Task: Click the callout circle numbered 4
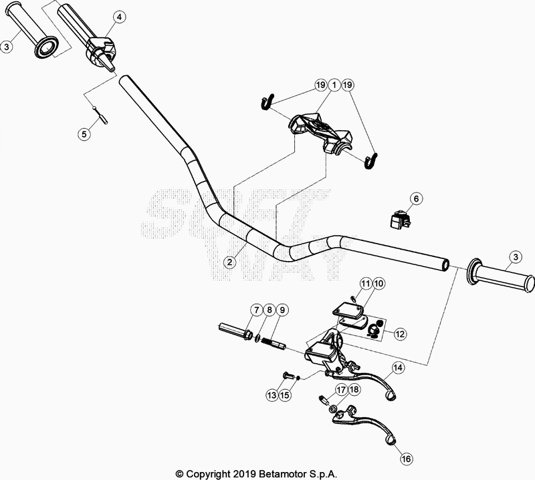click(118, 17)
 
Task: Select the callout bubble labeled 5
click(84, 134)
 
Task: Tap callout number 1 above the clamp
click(333, 85)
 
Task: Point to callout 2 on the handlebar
click(229, 262)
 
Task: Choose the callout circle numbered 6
click(415, 198)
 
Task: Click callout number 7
click(256, 309)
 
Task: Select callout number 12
click(399, 333)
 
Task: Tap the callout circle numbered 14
click(398, 367)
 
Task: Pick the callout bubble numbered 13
click(272, 395)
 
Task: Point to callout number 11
click(366, 284)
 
